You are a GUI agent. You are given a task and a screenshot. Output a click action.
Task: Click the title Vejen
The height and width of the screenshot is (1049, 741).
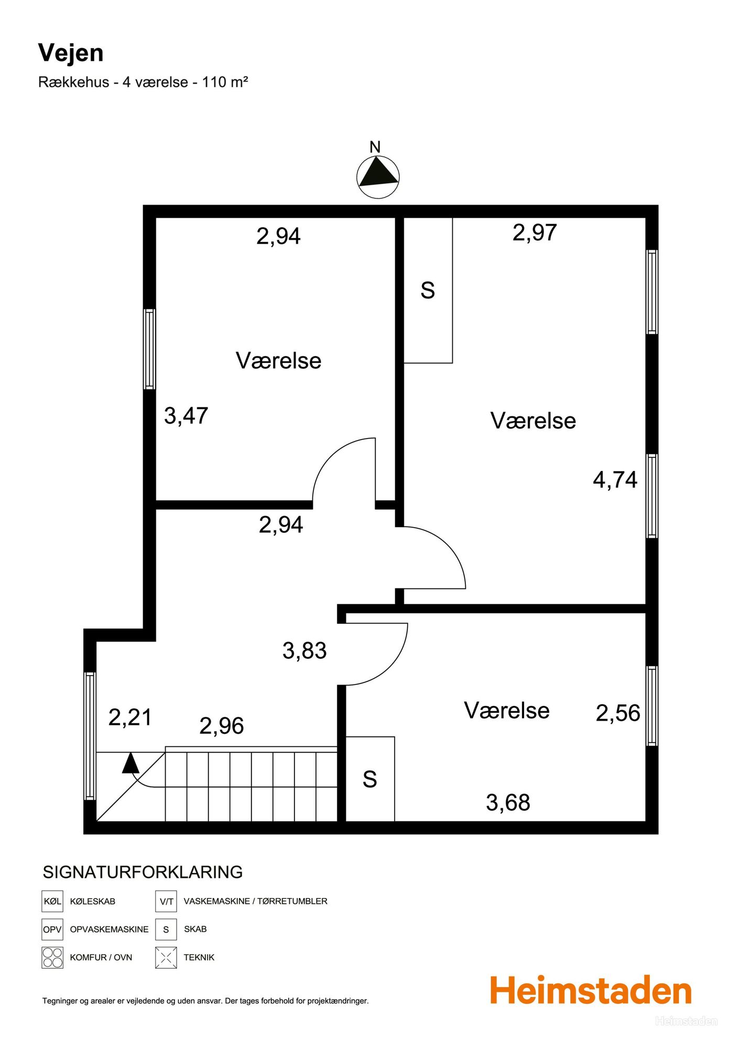[71, 53]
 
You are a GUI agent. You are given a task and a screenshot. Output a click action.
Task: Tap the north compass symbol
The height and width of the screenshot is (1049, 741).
[378, 177]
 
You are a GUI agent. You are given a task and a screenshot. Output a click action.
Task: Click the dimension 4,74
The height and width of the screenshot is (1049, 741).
[615, 480]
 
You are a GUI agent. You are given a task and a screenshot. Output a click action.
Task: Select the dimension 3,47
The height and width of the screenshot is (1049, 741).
[186, 416]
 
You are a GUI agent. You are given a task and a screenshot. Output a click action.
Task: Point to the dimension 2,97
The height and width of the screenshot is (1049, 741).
[535, 232]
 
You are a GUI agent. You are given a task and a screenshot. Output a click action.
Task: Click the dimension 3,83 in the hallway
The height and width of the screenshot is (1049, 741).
[304, 651]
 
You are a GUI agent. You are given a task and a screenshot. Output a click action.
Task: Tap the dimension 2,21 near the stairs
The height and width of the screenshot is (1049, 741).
[130, 718]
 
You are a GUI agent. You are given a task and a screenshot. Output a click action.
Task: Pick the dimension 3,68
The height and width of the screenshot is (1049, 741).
[508, 803]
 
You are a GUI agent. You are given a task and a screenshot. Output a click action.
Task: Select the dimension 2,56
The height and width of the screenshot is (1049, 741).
[618, 713]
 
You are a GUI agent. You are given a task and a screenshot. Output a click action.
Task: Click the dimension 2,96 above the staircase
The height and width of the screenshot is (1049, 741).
[222, 726]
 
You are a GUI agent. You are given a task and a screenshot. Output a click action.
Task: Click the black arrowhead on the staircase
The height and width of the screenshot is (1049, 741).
[130, 763]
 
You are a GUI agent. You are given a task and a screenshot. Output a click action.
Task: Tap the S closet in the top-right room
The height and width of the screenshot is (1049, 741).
[428, 290]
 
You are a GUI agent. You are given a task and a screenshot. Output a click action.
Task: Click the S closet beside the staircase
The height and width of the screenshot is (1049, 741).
[370, 779]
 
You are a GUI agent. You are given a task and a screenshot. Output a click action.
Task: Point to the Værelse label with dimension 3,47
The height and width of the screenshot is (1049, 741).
[278, 361]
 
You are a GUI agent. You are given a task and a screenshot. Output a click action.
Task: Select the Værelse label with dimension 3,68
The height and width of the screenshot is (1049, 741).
[507, 711]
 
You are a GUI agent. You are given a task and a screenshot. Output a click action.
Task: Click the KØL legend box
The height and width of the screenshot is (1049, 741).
[52, 901]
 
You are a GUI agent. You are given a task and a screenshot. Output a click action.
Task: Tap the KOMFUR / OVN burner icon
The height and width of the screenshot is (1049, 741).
[52, 957]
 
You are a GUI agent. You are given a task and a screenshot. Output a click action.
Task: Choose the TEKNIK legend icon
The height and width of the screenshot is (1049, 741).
[166, 957]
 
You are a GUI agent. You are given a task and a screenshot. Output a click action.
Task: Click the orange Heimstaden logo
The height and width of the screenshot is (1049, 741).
[591, 990]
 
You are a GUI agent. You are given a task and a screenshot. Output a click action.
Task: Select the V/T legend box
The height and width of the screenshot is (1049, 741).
[166, 901]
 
